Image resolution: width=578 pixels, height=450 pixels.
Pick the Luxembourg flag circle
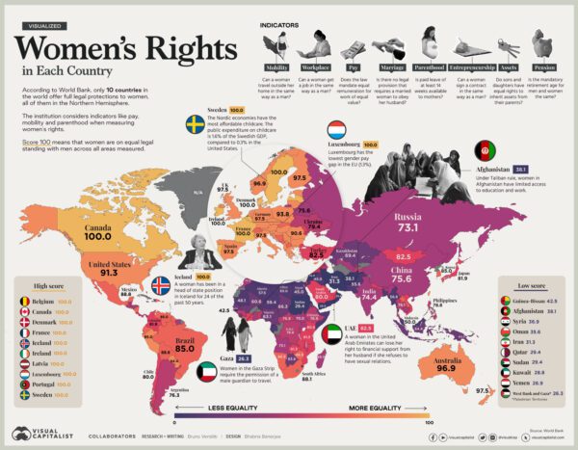click(339, 130)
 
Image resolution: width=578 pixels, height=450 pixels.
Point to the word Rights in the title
click(154, 46)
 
